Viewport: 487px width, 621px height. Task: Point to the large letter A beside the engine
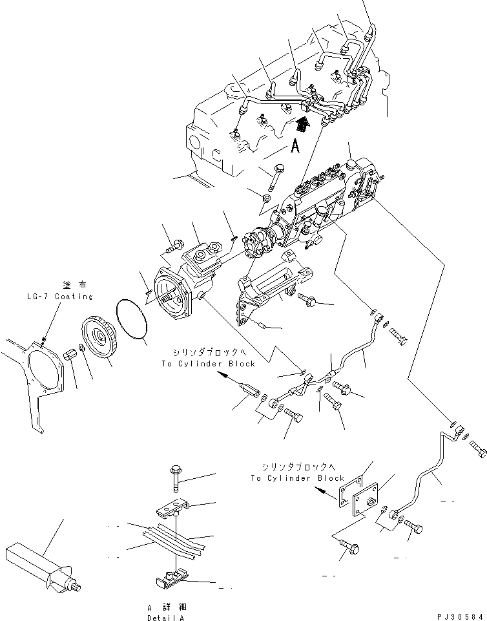coord(295,147)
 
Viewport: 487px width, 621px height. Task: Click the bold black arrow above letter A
coord(300,123)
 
